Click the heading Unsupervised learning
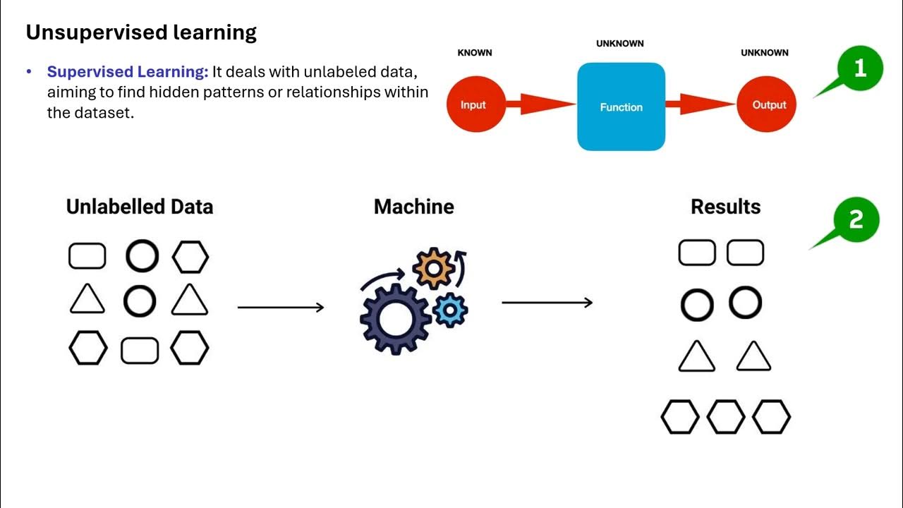141,32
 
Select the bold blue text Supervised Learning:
128,72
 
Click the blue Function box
621,107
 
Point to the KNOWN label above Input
475,53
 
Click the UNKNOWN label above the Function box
619,44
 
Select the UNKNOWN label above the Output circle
765,53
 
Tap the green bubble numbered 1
859,69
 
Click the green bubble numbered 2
855,219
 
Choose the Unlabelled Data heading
140,207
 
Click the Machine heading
414,207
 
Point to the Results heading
725,207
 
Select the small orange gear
432,267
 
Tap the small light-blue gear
449,310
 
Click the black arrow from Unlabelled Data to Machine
281,307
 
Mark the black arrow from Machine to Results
547,303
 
